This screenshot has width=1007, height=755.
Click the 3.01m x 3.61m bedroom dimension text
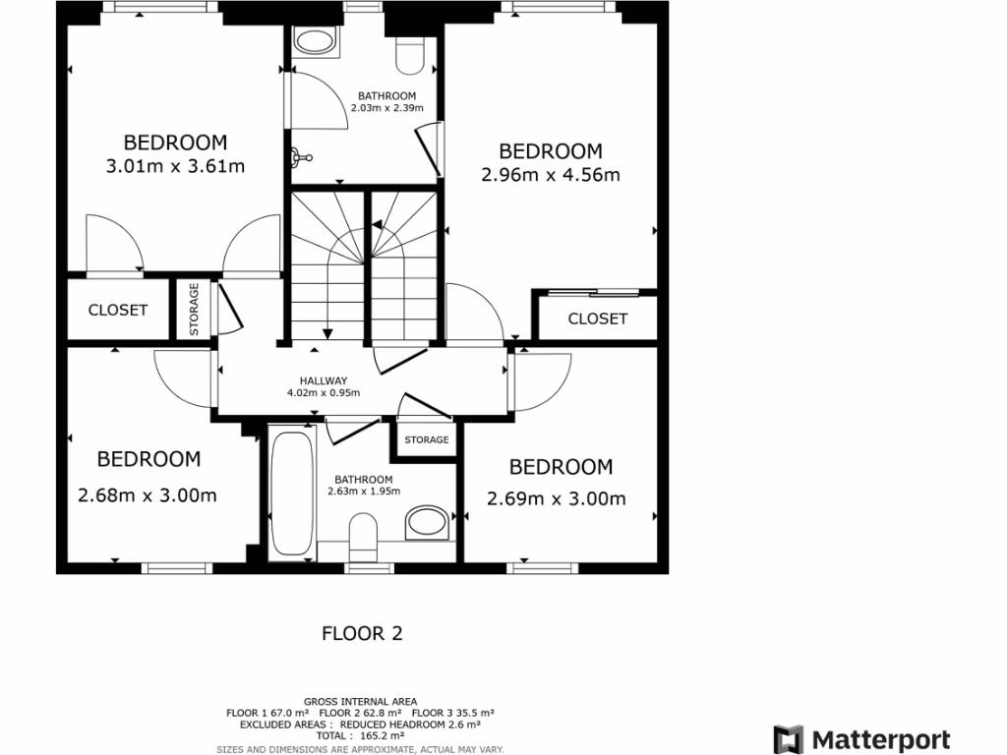click(175, 167)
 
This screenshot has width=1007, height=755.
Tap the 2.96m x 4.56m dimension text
click(551, 176)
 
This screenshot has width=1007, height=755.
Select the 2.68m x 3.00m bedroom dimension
click(148, 495)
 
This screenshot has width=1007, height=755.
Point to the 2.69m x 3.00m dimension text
click(557, 498)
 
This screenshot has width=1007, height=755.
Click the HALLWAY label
click(324, 380)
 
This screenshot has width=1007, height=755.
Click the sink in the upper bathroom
click(316, 42)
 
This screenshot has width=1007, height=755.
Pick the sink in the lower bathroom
click(427, 521)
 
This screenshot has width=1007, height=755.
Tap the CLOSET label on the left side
click(118, 310)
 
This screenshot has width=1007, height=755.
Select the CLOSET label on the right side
click(598, 319)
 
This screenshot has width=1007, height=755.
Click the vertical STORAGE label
click(195, 310)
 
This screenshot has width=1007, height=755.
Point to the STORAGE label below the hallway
click(427, 439)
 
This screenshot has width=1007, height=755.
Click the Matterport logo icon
click(789, 739)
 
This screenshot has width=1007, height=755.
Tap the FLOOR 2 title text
click(363, 634)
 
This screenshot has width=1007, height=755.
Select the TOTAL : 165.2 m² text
click(361, 735)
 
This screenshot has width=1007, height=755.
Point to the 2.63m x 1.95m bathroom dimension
click(363, 492)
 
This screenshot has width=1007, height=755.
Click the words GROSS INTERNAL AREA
click(361, 702)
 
